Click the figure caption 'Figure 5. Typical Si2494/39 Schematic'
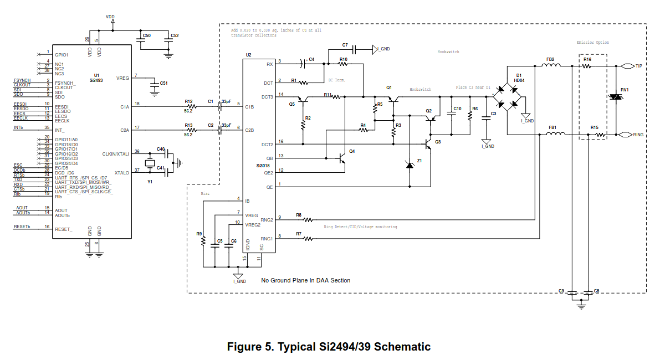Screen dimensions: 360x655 329,347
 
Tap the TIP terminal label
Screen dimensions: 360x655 638,66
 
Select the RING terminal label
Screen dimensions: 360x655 638,135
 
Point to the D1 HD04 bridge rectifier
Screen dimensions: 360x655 509,96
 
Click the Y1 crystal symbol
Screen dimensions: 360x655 149,163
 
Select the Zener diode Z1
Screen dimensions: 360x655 410,164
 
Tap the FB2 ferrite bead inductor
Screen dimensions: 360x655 550,66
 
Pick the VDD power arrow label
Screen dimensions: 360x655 110,17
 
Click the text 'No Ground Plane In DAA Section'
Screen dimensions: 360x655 305,280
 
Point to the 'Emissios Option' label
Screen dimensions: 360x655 592,43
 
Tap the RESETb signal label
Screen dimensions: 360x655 22,227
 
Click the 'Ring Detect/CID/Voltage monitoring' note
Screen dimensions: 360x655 360,227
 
